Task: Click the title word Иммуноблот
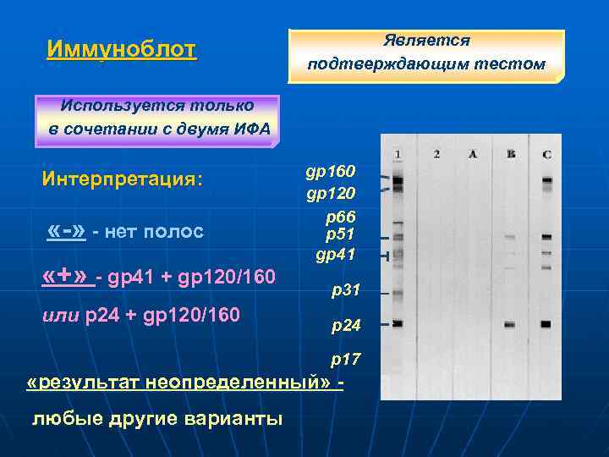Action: tap(122, 48)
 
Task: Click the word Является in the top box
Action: tap(426, 40)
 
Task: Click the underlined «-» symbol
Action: tap(67, 230)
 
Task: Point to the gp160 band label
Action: tap(331, 173)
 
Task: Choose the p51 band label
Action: tap(340, 234)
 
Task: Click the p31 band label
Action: tap(346, 290)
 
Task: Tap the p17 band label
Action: tap(346, 360)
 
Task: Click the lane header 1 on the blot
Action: tap(398, 154)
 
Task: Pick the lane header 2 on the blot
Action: tap(436, 154)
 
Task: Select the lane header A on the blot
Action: tap(473, 154)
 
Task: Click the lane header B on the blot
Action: tap(510, 154)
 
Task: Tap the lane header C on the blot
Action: tap(547, 154)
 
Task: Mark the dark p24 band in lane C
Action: tap(546, 324)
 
